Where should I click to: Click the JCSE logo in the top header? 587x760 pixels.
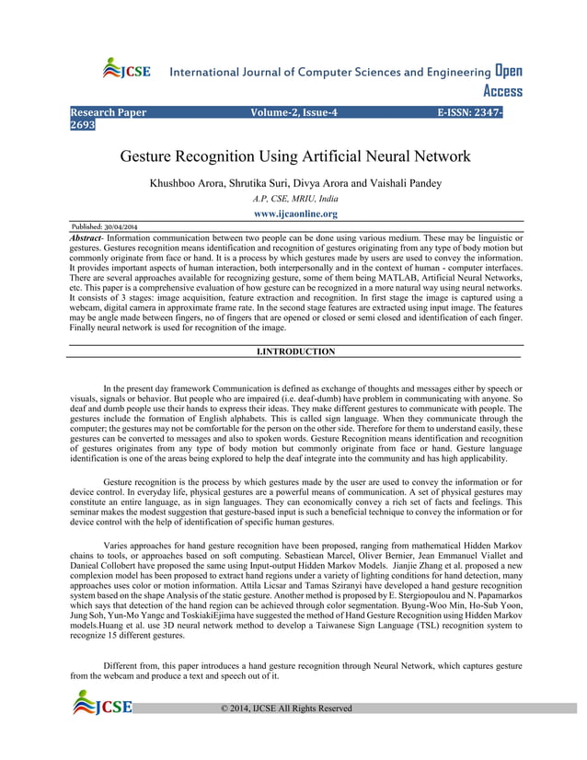[126, 70]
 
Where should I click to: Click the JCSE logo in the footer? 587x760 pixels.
[103, 706]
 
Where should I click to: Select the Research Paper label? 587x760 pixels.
[109, 113]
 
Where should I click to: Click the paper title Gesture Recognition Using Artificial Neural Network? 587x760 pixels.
[294, 156]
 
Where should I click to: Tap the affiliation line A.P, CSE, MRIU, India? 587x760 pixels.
[294, 199]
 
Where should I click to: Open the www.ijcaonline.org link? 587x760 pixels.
[294, 213]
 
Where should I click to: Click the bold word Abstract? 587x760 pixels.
[87, 237]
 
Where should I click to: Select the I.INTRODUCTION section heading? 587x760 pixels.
[294, 351]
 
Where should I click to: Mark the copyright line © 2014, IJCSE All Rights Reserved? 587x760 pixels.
[286, 708]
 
